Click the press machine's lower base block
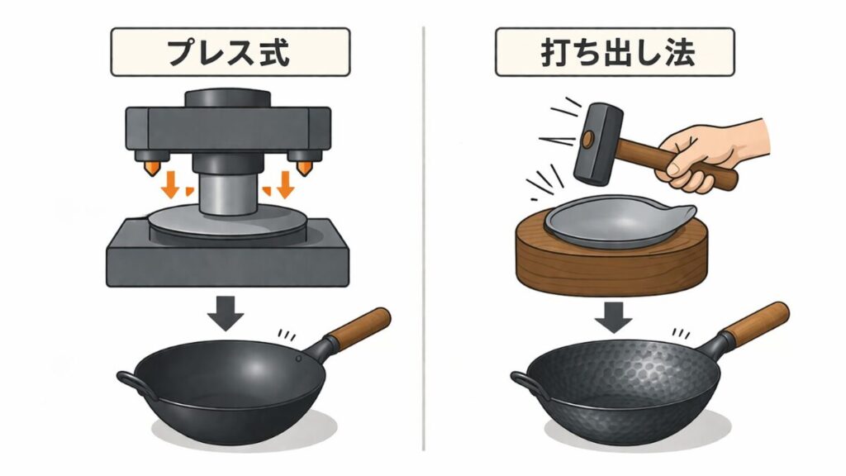[227, 260]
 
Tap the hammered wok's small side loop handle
[524, 381]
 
